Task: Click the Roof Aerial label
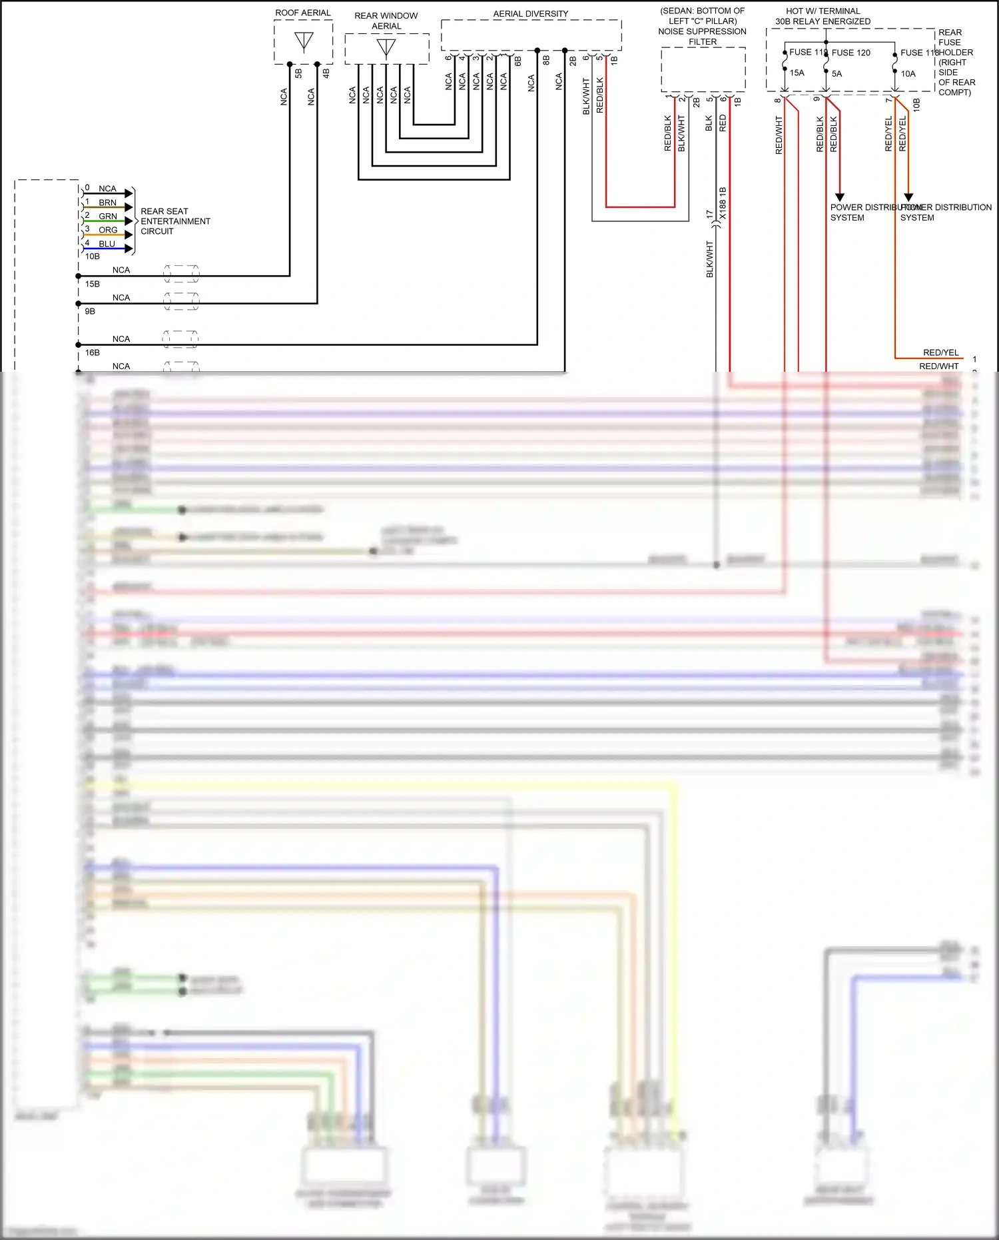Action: [302, 13]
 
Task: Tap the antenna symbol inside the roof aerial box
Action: [304, 42]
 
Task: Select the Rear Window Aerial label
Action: [386, 21]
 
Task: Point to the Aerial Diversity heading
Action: [530, 13]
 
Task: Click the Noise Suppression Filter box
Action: [703, 69]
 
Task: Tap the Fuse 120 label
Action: [850, 53]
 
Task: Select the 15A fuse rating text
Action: [797, 73]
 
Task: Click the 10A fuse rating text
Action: [908, 74]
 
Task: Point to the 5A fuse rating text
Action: [836, 74]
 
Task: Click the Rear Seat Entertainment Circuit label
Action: [175, 221]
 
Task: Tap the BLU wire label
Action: [107, 244]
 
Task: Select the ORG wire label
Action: [108, 230]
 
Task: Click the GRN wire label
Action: [108, 217]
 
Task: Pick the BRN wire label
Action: [107, 203]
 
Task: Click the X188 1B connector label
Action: [723, 203]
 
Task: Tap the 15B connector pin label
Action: [92, 284]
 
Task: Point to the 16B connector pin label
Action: [92, 352]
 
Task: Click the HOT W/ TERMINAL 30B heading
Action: [823, 16]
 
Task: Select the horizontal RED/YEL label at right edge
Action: [940, 352]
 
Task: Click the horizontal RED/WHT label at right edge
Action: [938, 366]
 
